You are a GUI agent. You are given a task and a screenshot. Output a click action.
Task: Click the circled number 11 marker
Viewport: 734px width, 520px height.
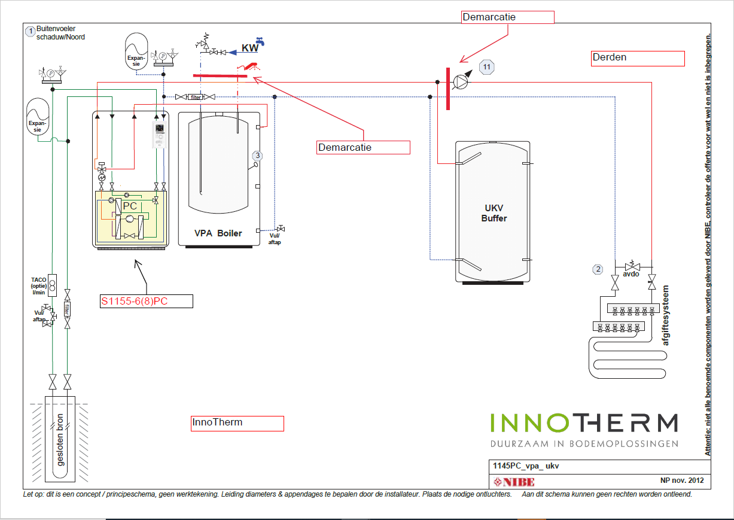click(487, 68)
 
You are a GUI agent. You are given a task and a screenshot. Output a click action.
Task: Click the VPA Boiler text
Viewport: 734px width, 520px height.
click(218, 233)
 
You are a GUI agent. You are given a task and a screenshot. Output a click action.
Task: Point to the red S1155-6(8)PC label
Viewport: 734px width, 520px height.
click(134, 301)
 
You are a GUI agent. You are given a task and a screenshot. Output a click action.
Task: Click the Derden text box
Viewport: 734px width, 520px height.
click(637, 58)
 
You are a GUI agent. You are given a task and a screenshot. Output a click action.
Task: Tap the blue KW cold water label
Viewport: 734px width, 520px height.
click(250, 48)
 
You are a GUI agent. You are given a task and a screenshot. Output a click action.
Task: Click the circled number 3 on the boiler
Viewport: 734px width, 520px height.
click(257, 156)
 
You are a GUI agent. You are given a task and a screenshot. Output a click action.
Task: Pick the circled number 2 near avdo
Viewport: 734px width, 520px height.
click(598, 269)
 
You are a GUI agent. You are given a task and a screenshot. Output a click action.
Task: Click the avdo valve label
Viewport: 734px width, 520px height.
click(632, 275)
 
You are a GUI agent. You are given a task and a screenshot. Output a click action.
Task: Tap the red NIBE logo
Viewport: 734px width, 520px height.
click(513, 482)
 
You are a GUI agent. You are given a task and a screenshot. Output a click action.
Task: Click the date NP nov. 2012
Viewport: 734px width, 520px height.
click(681, 481)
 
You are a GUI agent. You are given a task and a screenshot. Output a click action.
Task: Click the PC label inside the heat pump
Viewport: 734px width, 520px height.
click(130, 206)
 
